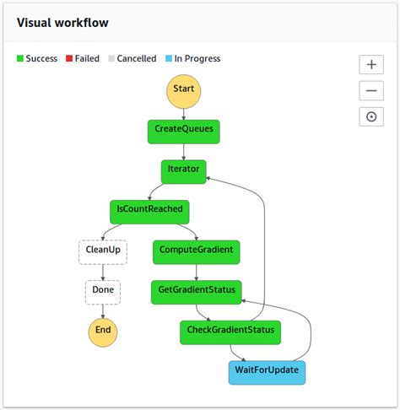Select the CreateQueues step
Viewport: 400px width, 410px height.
point(183,130)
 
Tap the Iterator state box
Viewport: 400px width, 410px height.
point(183,170)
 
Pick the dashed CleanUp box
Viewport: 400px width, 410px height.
point(102,251)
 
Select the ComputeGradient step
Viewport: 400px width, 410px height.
point(197,251)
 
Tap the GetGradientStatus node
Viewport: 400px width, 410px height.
point(197,291)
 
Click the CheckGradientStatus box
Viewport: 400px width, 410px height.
point(230,332)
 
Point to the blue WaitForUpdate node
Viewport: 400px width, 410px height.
point(266,371)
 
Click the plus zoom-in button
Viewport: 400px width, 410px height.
point(371,65)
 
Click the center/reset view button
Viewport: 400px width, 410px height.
point(371,117)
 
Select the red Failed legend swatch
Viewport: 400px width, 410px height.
point(70,59)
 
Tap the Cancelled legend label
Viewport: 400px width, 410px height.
point(136,59)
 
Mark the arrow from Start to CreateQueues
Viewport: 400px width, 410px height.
point(183,113)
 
